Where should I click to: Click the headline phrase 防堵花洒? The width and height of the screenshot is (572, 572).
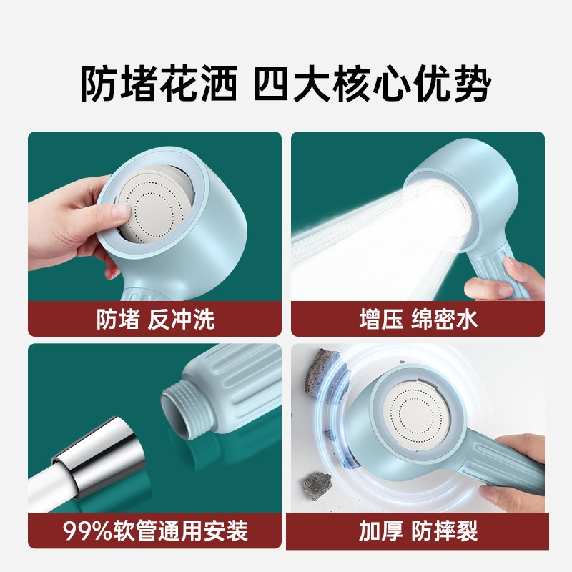pyautogui.click(x=159, y=84)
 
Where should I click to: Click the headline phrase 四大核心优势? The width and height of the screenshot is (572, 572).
pyautogui.click(x=372, y=84)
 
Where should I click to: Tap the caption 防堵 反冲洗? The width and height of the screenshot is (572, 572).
pyautogui.click(x=156, y=319)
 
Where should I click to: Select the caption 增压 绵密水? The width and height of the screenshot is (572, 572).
pyautogui.click(x=418, y=319)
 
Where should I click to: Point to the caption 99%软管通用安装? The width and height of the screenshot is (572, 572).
pyautogui.click(x=155, y=531)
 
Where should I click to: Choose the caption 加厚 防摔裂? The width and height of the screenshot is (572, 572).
pyautogui.click(x=418, y=531)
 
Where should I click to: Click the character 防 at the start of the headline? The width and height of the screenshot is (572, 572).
pyautogui.click(x=99, y=84)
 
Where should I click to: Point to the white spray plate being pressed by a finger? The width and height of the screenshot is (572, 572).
pyautogui.click(x=155, y=204)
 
